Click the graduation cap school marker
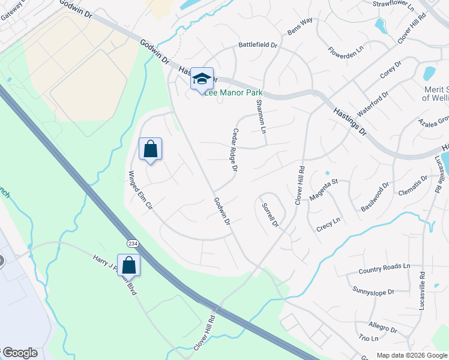[202, 79]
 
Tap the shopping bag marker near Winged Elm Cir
[150, 149]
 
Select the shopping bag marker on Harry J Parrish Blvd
[128, 265]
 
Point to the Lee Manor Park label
[234, 93]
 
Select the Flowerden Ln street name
[346, 52]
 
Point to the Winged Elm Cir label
[137, 188]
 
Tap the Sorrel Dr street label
[270, 215]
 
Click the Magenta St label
[324, 189]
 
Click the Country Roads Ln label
[384, 268]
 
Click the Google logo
[21, 353]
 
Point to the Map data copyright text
[411, 355]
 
